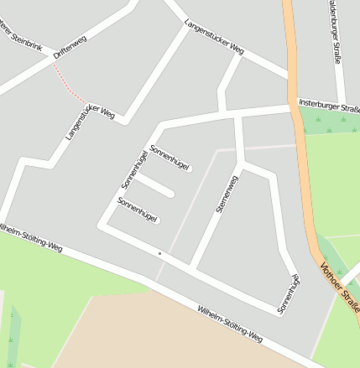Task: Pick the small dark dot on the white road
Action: tap(159, 251)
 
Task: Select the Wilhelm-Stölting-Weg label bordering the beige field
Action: tap(230, 325)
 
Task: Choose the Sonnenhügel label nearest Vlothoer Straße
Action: tap(290, 294)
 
